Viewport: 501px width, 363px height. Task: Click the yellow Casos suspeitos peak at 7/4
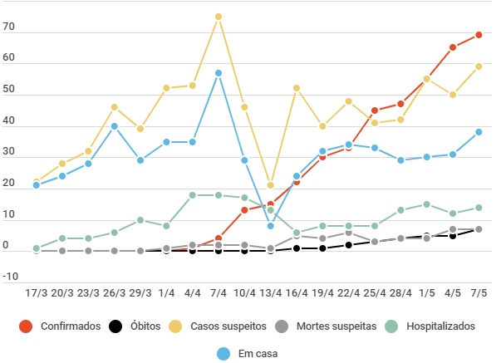pyautogui.click(x=219, y=17)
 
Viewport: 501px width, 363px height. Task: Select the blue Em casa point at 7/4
pyautogui.click(x=219, y=73)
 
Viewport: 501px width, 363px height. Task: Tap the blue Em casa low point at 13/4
pyautogui.click(x=271, y=226)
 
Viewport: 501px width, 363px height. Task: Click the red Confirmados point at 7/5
pyautogui.click(x=479, y=35)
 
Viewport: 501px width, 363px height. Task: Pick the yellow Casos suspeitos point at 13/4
pyautogui.click(x=271, y=185)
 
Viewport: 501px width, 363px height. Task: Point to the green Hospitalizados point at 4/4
pyautogui.click(x=193, y=195)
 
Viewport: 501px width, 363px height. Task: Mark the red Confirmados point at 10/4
pyautogui.click(x=244, y=210)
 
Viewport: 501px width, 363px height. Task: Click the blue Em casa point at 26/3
pyautogui.click(x=115, y=126)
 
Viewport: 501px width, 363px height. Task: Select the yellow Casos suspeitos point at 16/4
pyautogui.click(x=297, y=88)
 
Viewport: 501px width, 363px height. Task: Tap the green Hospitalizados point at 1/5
pyautogui.click(x=426, y=204)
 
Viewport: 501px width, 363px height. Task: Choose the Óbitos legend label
pyautogui.click(x=145, y=326)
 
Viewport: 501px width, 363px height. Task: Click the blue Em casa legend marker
pyautogui.click(x=223, y=354)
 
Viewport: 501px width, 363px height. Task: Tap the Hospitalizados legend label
pyautogui.click(x=440, y=326)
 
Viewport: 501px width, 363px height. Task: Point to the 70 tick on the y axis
pyautogui.click(x=8, y=27)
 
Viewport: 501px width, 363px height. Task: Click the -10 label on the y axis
pyautogui.click(x=11, y=277)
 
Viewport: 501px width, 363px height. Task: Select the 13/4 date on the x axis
pyautogui.click(x=271, y=293)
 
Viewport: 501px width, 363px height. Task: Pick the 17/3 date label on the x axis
pyautogui.click(x=36, y=293)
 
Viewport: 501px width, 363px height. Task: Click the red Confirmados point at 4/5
pyautogui.click(x=453, y=47)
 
